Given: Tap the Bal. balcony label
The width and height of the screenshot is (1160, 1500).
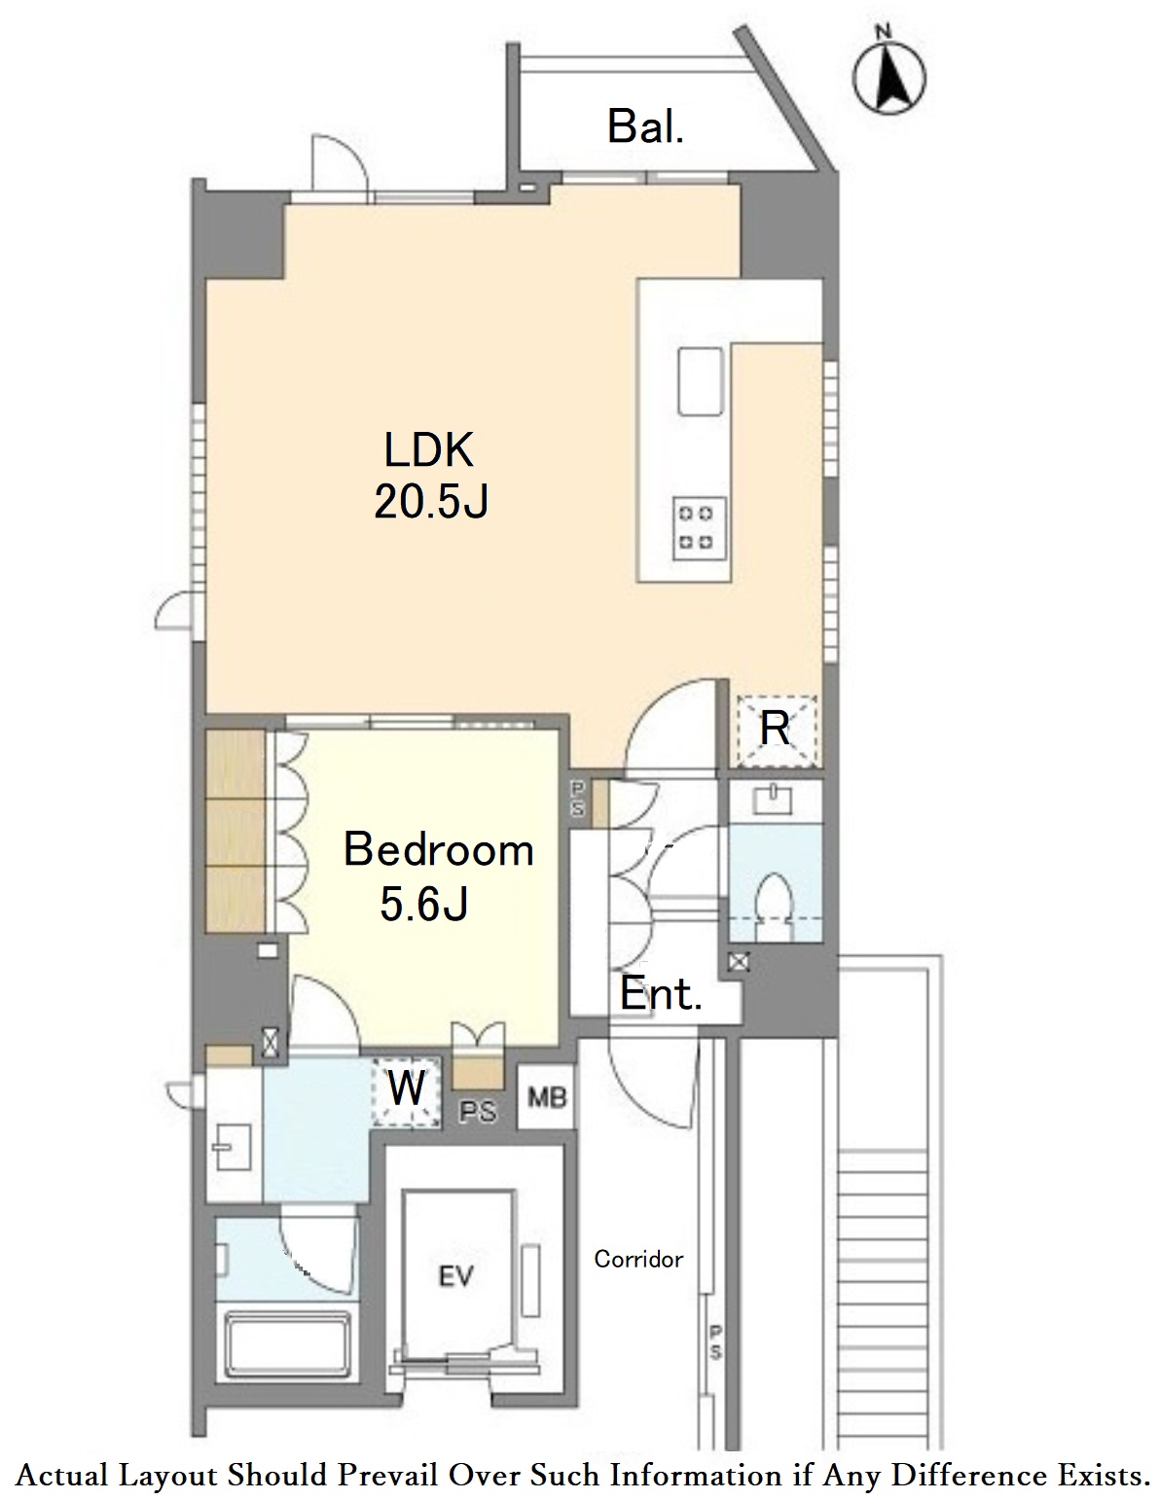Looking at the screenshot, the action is pos(645,127).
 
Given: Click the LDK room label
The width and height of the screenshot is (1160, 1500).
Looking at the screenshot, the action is pos(429,450).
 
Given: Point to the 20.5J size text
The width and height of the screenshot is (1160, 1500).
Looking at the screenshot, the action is pos(431,501).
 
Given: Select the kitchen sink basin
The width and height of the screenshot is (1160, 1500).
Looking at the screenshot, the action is pos(700,381).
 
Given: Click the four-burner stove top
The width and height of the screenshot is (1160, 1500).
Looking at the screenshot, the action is pos(700,528).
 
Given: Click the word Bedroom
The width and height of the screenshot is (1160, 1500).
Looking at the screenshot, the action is pos(439,850).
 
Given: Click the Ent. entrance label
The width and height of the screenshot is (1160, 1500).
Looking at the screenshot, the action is pos(661,995).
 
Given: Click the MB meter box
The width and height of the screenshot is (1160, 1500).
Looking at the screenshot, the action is pos(547,1097).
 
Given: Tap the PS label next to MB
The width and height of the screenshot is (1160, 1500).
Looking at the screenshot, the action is pos(478,1112).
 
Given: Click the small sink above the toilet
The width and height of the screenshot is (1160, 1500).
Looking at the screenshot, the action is pos(774,800).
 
